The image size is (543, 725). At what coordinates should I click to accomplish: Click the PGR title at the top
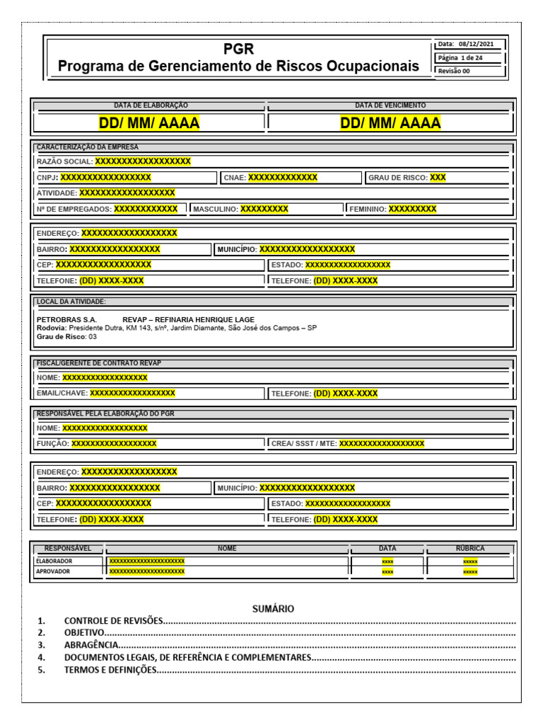click(238, 50)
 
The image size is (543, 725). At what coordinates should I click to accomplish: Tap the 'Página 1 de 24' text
click(461, 57)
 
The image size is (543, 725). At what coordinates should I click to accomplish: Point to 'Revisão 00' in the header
click(454, 71)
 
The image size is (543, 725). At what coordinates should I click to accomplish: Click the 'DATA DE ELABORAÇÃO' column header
click(151, 105)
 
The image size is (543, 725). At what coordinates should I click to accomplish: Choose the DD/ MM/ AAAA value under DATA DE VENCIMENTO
click(390, 123)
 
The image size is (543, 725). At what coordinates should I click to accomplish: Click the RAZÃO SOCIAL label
click(64, 161)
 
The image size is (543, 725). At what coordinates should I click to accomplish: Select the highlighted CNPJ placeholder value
click(105, 178)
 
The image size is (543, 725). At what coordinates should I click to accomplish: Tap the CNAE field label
click(234, 178)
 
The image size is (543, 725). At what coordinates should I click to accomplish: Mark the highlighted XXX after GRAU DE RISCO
click(438, 178)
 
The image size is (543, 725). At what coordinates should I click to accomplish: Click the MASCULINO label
click(216, 209)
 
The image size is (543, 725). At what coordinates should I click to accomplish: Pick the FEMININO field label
click(368, 209)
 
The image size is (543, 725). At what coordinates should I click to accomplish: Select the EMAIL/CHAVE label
click(62, 393)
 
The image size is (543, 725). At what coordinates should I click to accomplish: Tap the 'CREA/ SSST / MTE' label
click(304, 444)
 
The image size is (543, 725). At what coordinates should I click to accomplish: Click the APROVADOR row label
click(53, 571)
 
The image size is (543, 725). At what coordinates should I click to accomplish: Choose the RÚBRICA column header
click(470, 549)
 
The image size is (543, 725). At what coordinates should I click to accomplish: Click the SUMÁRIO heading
click(273, 609)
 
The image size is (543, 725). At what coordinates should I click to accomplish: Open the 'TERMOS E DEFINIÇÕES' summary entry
click(109, 670)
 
